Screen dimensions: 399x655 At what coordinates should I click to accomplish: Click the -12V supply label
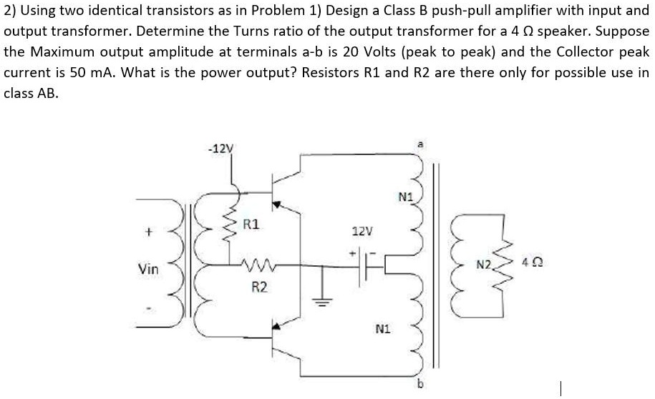[220, 149]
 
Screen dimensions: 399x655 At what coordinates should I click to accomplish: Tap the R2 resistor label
[259, 287]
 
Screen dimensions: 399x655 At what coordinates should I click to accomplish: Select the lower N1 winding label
[382, 330]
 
